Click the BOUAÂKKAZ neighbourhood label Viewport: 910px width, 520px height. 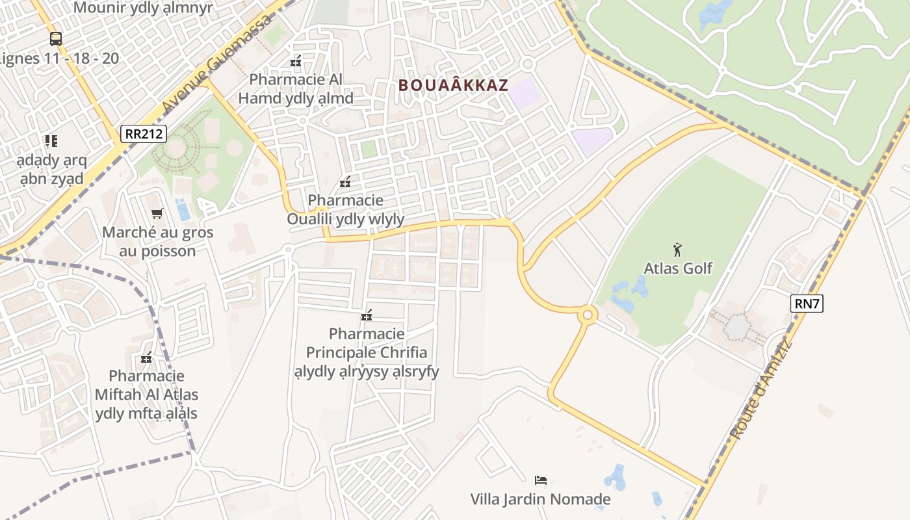click(x=452, y=85)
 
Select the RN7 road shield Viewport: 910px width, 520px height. click(x=807, y=304)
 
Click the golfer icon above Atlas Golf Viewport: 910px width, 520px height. click(x=677, y=249)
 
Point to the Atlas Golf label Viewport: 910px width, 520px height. click(x=678, y=268)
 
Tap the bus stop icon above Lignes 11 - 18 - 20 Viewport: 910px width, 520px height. click(x=56, y=38)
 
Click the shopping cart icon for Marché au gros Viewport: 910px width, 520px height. click(x=157, y=213)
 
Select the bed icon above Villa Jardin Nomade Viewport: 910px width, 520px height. click(x=541, y=480)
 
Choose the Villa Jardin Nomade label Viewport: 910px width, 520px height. click(x=540, y=499)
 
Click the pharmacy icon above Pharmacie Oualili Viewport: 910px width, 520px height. click(x=345, y=182)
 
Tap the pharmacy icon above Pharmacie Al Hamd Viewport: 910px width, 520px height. click(x=296, y=62)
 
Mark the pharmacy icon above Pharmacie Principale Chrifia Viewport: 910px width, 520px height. click(x=367, y=316)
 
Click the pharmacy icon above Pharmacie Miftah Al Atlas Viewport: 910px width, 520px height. click(x=146, y=357)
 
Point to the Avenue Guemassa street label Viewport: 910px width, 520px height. click(x=217, y=64)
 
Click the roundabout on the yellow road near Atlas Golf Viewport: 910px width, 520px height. click(x=588, y=315)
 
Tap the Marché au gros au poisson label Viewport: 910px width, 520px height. click(x=157, y=242)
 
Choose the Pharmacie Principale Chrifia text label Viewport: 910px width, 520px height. click(x=367, y=352)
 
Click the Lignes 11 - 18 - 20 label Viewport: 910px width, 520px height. click(x=60, y=58)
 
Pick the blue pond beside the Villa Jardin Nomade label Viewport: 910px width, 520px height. click(x=615, y=478)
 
